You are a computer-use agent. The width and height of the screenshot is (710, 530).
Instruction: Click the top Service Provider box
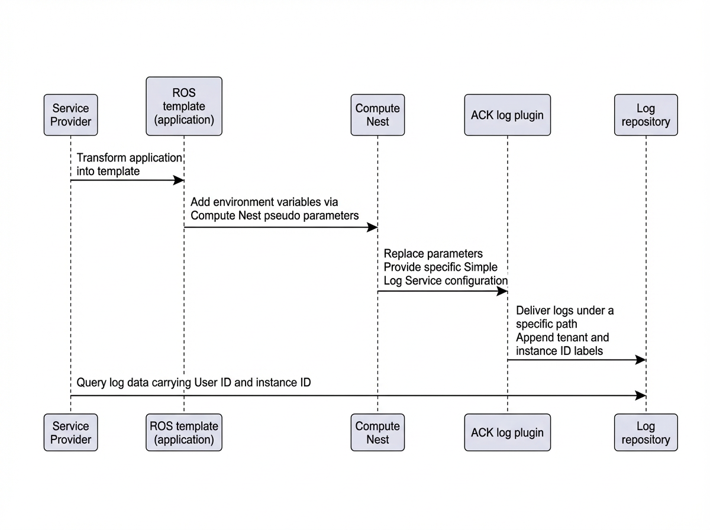pyautogui.click(x=70, y=115)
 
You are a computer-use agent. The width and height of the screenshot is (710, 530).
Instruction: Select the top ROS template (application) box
pyautogui.click(x=184, y=106)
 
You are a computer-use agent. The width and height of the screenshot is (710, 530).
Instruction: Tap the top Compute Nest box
pyautogui.click(x=377, y=115)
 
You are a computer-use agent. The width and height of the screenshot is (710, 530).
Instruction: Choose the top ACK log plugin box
pyautogui.click(x=507, y=115)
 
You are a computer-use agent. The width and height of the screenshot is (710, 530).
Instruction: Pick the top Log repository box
pyautogui.click(x=646, y=115)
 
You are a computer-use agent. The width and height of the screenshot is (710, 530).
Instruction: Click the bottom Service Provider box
pyautogui.click(x=70, y=432)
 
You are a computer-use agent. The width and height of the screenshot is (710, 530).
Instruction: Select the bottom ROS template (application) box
pyautogui.click(x=184, y=432)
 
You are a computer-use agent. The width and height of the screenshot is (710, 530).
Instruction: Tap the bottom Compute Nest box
pyautogui.click(x=377, y=432)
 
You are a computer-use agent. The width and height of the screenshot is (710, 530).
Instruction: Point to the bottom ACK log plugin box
pyautogui.click(x=507, y=432)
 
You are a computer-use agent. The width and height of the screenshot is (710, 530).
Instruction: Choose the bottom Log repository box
pyautogui.click(x=646, y=432)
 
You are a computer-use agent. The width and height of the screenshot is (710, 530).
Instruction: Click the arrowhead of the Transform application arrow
pyautogui.click(x=179, y=180)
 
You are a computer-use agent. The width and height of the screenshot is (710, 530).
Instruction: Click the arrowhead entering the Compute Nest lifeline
pyautogui.click(x=372, y=227)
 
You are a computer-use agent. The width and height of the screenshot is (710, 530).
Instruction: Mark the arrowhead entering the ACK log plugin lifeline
pyautogui.click(x=502, y=292)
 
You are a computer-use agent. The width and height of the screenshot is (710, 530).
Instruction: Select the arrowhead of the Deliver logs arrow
pyautogui.click(x=641, y=360)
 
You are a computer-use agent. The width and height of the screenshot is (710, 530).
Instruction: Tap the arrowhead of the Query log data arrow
pyautogui.click(x=641, y=396)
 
